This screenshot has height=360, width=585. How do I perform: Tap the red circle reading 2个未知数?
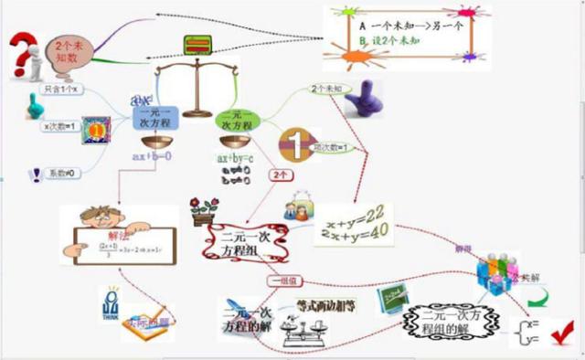coord(64,49)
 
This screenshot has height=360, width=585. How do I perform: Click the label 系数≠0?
coord(63,173)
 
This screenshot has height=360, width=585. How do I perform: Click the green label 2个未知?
coord(327,89)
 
